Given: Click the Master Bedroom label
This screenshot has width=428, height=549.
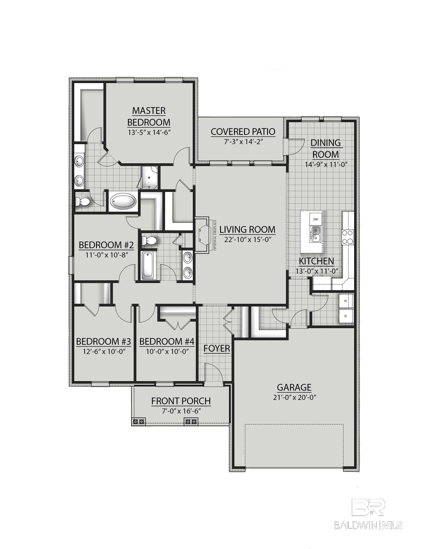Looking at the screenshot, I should click(x=149, y=116).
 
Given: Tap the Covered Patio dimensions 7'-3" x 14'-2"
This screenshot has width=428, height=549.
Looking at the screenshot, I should click(x=243, y=142).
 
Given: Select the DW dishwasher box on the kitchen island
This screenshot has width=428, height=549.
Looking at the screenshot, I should click(x=316, y=219).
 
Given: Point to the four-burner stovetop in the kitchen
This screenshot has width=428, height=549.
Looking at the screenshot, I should click(x=347, y=237).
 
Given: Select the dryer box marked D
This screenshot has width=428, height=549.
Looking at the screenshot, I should click(x=346, y=316).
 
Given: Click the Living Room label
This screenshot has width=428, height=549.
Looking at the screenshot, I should click(x=247, y=229).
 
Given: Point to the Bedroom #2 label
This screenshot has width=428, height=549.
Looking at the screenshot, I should click(x=106, y=245).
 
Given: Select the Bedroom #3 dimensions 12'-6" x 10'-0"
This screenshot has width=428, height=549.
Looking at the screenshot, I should click(x=104, y=351).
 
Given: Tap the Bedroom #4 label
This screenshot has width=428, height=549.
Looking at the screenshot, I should click(x=167, y=341).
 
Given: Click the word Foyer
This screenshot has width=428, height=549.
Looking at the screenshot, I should click(x=217, y=348).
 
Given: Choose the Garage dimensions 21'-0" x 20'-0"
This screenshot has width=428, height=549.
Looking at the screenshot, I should click(x=294, y=397).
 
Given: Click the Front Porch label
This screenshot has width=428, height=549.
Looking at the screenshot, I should click(x=181, y=401).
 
